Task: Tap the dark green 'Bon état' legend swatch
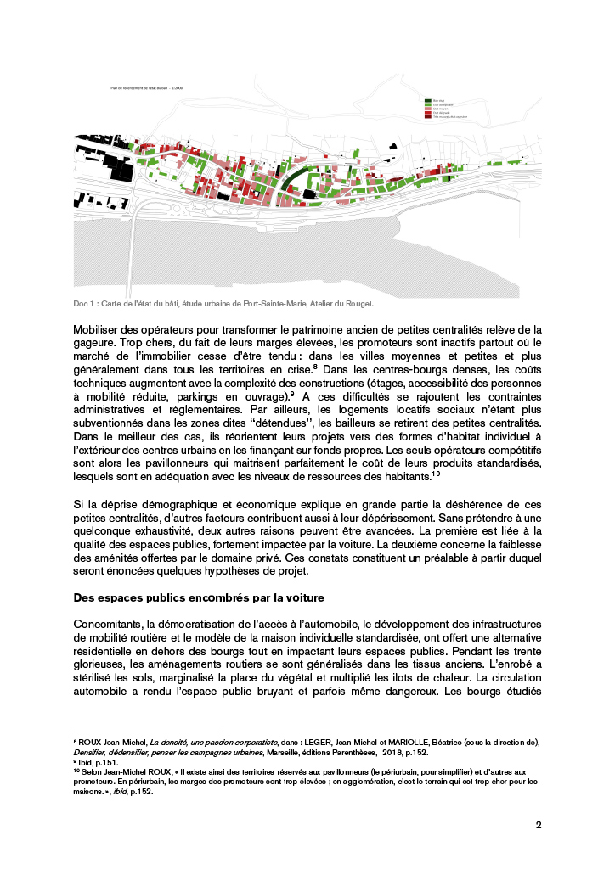[x=428, y=100]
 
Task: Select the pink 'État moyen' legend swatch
[x=428, y=109]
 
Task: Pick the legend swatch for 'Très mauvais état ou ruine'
[x=428, y=117]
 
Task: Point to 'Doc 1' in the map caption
[x=85, y=303]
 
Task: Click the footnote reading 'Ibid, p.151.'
[x=95, y=760]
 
